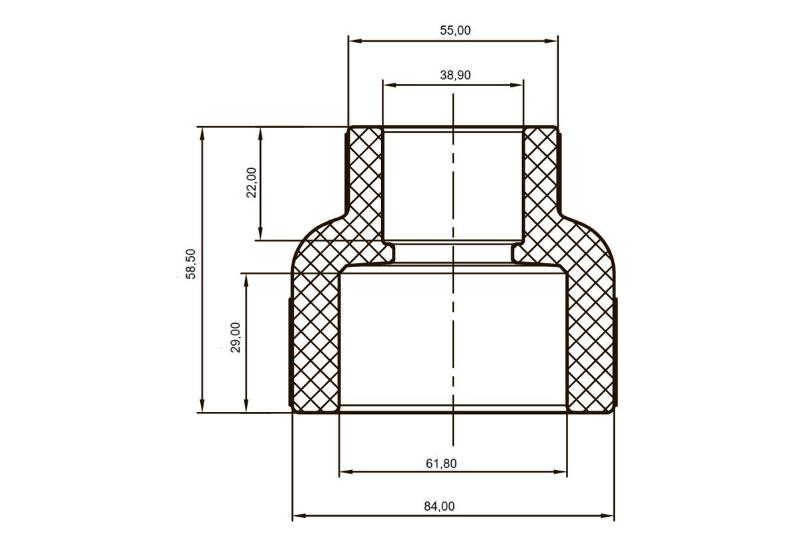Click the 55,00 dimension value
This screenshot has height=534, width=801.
(x=455, y=31)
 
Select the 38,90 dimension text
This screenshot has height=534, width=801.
(x=455, y=75)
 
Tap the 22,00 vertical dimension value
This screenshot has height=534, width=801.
(x=252, y=182)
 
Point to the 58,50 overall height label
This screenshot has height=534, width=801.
(x=191, y=264)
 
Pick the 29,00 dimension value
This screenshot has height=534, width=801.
(x=236, y=338)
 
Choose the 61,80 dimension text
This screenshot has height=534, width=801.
(x=441, y=463)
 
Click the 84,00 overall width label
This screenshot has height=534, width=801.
(x=439, y=507)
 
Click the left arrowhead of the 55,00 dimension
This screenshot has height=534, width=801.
(x=355, y=41)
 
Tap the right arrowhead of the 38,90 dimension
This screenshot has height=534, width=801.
(x=517, y=85)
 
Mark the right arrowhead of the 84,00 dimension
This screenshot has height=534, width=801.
(x=607, y=515)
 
